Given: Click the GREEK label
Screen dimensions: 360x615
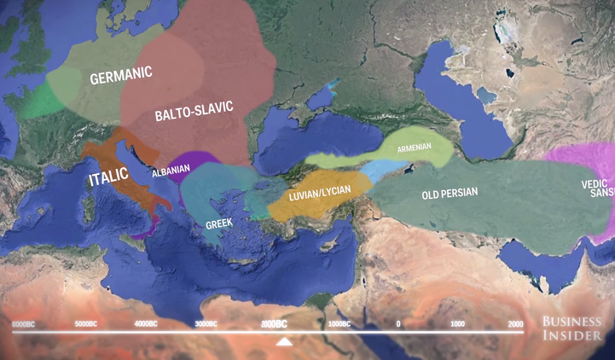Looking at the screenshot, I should pyautogui.click(x=219, y=224).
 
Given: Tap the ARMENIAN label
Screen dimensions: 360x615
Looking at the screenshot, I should pyautogui.click(x=413, y=147).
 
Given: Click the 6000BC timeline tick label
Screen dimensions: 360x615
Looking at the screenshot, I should pyautogui.click(x=23, y=324).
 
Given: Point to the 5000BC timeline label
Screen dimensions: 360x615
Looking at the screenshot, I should pyautogui.click(x=86, y=324).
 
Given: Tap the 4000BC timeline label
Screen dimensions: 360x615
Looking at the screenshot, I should pyautogui.click(x=147, y=324).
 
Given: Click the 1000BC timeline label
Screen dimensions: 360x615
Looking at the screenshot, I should pyautogui.click(x=339, y=324).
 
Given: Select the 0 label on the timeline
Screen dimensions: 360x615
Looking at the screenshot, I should pyautogui.click(x=398, y=324).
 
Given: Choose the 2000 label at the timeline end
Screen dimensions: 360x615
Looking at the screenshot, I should pyautogui.click(x=515, y=324).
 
